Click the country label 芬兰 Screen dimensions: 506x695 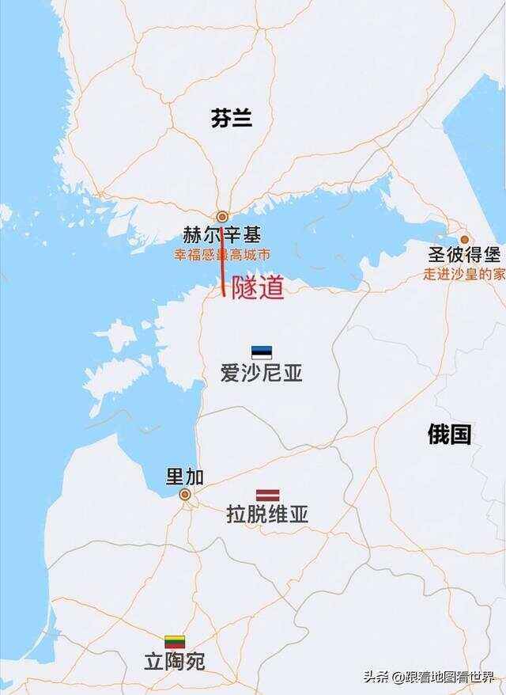pos(232,119)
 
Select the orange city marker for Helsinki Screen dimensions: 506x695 pos(223,216)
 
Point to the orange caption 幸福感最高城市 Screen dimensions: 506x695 pos(222,255)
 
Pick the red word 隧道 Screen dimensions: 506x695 pos(257,288)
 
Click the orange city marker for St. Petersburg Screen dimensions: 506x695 pos(465,239)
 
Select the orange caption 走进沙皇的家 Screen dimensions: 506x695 pos(464,274)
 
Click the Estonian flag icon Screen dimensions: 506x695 pos(262,352)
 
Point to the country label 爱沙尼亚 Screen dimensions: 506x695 pos(262,374)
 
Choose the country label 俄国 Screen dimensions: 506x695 pos(449,433)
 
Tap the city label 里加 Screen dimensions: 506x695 pos(184,477)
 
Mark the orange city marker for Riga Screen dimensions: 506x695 pos(185,495)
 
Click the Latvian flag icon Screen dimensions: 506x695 pos(267,495)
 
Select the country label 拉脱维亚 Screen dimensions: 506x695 pos(267,515)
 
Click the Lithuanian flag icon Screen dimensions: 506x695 pos(175,641)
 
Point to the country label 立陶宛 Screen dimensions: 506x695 pos(175,662)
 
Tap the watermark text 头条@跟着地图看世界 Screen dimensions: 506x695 pos(428,676)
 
